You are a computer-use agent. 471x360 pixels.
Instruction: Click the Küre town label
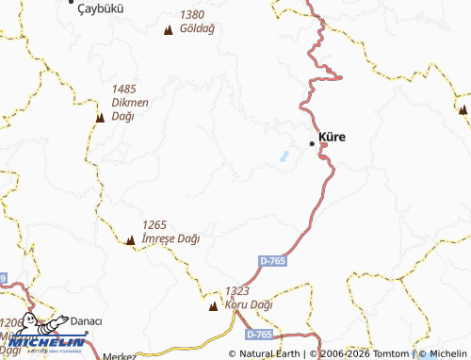pos(333,138)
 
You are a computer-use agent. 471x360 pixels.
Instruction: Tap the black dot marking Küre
pos(313,143)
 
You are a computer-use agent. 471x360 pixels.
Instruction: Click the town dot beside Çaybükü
pos(73,3)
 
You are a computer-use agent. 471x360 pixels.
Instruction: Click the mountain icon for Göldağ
pos(168,30)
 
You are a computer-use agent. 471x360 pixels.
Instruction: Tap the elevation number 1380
pos(191,15)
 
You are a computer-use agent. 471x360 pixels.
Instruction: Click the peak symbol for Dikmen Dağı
pos(100,118)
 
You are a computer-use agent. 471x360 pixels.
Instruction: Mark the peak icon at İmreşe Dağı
pos(130,239)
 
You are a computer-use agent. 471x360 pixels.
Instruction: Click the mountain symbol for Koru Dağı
pos(213,306)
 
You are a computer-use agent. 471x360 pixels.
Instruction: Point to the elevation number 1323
pos(236,292)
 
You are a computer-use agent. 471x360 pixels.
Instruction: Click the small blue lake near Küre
pos(282,156)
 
